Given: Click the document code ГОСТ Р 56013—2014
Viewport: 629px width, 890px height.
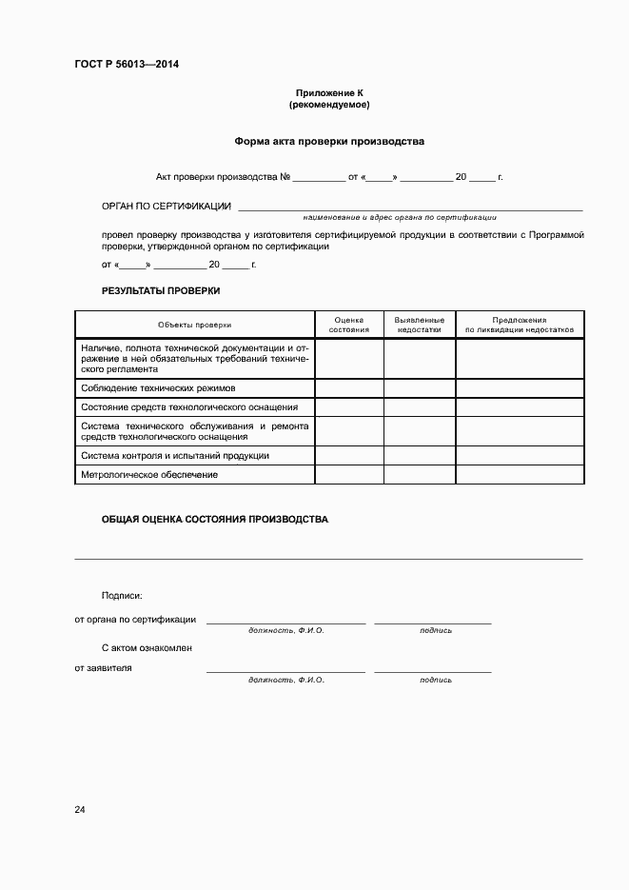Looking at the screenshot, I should point(127,65).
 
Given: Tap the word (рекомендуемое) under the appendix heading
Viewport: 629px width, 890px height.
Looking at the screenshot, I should point(329,105).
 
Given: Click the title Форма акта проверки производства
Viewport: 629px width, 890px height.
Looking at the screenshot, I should point(329,141).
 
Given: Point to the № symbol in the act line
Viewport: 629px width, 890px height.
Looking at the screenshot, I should point(285,177).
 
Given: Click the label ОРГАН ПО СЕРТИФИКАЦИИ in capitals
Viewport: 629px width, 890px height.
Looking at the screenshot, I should point(167,206).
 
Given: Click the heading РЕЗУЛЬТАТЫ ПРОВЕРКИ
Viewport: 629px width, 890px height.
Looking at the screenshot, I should point(161,290).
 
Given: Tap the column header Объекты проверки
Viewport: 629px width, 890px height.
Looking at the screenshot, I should point(195,325).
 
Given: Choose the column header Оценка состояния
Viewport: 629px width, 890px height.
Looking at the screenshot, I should point(349,325).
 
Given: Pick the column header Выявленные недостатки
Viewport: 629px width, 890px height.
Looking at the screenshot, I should point(420,325).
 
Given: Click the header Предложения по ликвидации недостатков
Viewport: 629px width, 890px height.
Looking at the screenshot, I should point(520,325).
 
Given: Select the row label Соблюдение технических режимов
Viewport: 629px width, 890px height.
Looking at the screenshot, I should point(158,388).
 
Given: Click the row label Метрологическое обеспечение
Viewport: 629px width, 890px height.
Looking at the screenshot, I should point(149,474).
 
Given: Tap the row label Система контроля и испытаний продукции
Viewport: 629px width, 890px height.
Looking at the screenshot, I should point(175,456).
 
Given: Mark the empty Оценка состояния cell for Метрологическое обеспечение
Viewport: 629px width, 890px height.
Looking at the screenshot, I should point(349,474).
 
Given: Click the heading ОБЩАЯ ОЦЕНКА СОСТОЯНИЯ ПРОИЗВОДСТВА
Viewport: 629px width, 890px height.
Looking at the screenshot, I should point(215,520).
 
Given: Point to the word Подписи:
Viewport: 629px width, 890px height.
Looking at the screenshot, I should point(122,595).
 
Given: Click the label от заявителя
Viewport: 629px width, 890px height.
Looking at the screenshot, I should point(104,668).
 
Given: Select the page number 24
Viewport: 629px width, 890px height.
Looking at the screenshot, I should point(80,810).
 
